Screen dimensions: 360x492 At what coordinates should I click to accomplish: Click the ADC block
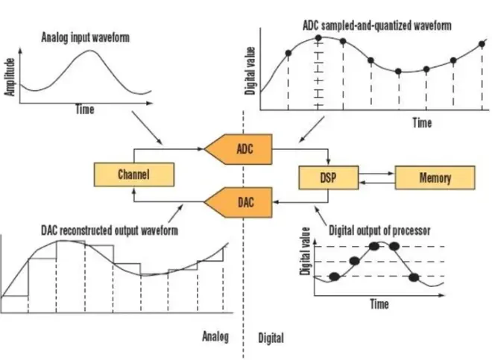(x=242, y=148)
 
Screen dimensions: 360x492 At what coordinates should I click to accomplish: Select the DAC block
(x=242, y=200)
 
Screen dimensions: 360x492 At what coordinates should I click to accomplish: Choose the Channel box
(x=134, y=174)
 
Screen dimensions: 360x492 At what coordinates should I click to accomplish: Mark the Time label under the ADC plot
(x=422, y=122)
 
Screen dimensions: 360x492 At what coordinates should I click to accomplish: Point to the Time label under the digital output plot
(x=379, y=304)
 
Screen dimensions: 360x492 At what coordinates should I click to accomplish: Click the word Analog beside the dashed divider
(x=215, y=335)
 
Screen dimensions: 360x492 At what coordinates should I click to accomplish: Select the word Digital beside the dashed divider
(x=271, y=338)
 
